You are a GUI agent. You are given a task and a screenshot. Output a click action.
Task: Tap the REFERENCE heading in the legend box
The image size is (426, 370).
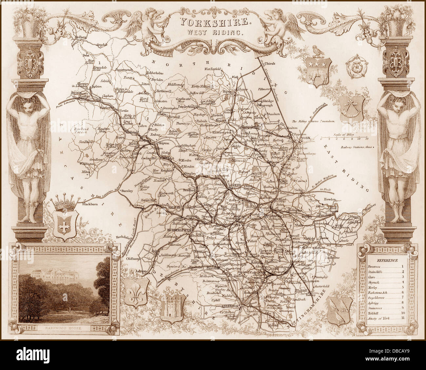click(x=387, y=261)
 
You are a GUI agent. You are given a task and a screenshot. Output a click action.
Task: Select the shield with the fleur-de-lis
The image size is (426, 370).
click(x=135, y=294)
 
